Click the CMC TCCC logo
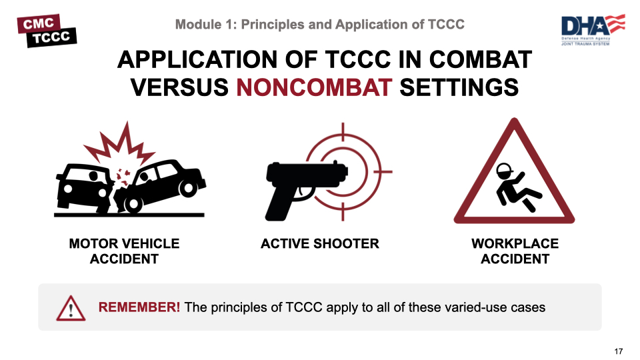click(47, 31)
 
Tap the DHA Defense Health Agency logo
click(593, 29)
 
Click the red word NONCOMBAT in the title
click(314, 87)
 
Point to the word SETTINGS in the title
click(459, 87)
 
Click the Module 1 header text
click(319, 25)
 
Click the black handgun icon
click(306, 188)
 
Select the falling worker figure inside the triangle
click(516, 187)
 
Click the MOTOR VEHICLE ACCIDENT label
click(124, 251)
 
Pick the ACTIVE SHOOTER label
click(319, 244)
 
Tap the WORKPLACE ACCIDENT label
click(515, 251)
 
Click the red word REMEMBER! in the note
click(139, 307)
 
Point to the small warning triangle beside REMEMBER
click(71, 308)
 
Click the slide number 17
click(619, 351)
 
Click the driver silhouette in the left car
click(94, 177)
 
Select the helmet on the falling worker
click(504, 169)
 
